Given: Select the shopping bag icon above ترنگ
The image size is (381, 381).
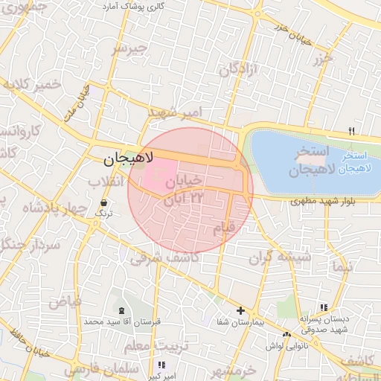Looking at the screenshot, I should (x=103, y=202).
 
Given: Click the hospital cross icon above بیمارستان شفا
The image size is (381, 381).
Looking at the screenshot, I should (x=240, y=310).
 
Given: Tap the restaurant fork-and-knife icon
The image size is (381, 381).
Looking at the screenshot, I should (x=351, y=132).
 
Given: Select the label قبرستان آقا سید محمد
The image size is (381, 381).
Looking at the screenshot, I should (x=123, y=321).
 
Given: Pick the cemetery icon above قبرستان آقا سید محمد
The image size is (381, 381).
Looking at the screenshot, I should (x=122, y=310).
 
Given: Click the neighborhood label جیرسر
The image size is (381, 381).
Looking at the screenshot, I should (x=130, y=50).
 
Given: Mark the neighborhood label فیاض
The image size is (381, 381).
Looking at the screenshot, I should (x=65, y=301).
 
